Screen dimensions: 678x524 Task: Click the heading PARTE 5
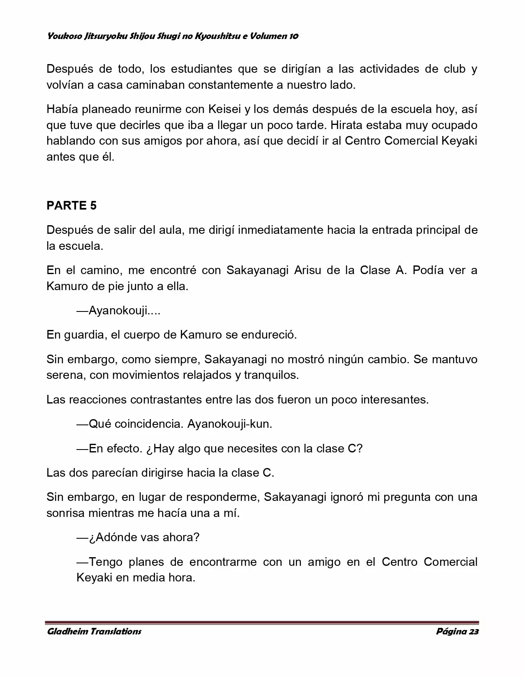coord(72,205)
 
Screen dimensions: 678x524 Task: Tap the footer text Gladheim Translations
coord(94,632)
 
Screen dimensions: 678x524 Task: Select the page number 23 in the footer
coord(473,632)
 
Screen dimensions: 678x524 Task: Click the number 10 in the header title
coord(294,36)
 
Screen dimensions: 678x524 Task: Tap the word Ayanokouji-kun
coord(230,424)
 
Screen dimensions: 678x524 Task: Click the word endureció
coord(267,334)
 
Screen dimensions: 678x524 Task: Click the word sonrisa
coord(67,513)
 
